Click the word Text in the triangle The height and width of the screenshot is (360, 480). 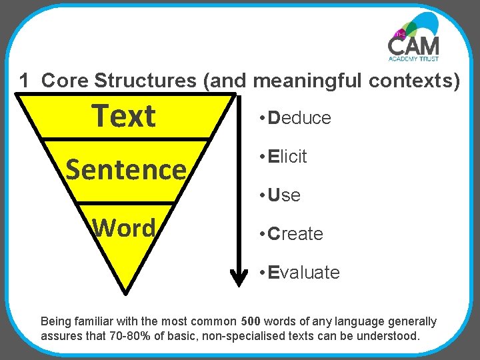[x=124, y=116]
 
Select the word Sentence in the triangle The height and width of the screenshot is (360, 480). [x=125, y=170]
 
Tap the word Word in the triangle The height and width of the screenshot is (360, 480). [x=125, y=228]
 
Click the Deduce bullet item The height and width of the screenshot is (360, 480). [x=297, y=118]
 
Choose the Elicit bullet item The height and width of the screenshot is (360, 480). [x=285, y=157]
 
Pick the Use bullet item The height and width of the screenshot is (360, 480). [x=281, y=195]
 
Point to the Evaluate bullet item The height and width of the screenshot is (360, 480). [x=301, y=273]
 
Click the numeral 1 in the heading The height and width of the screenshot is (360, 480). [x=25, y=81]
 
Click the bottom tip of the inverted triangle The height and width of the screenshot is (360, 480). [x=125, y=291]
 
